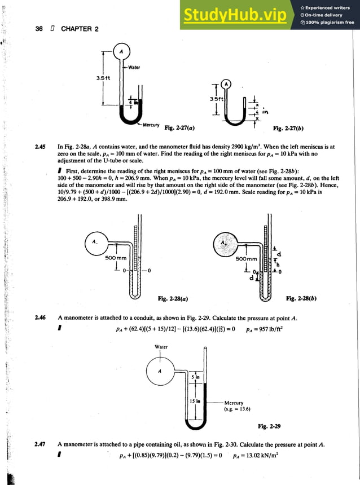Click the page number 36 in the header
39,28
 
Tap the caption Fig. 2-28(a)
173,298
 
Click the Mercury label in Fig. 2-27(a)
151,124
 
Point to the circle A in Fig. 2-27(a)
120,52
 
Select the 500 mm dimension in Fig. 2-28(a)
115,258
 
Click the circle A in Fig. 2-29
160,371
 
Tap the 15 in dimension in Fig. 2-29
195,401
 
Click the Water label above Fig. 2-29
161,347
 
